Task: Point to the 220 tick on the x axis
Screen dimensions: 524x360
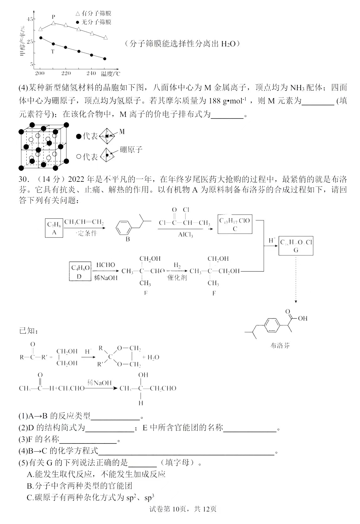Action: click(66, 73)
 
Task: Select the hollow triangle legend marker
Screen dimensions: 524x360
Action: click(78, 13)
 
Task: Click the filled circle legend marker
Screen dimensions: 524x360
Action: click(78, 22)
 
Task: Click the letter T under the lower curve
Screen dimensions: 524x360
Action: click(52, 51)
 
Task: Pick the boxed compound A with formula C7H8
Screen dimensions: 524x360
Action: click(54, 228)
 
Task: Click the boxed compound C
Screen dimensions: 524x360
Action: click(235, 224)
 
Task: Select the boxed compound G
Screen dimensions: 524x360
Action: click(296, 246)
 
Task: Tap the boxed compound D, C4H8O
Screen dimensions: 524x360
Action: click(80, 271)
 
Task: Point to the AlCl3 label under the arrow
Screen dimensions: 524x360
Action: click(185, 235)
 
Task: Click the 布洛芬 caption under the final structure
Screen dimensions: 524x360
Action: click(280, 345)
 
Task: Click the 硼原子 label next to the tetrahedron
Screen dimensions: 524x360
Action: click(131, 149)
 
